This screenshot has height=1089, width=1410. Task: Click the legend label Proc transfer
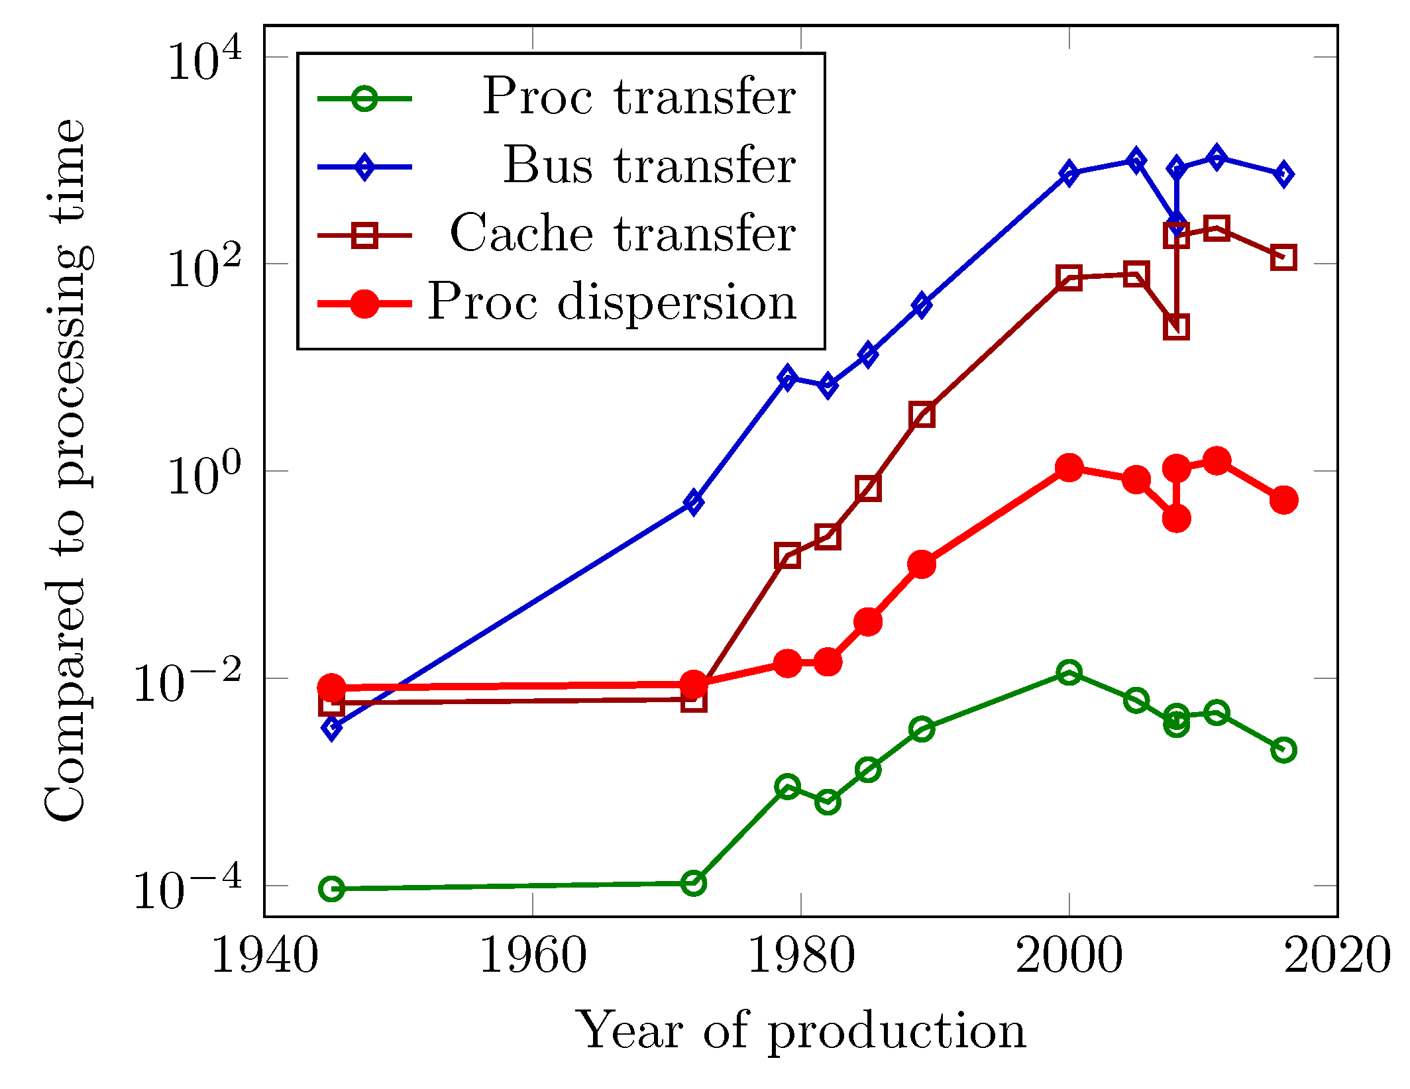tap(638, 97)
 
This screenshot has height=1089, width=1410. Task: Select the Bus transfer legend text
tap(649, 166)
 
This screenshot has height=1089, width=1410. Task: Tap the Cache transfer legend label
tap(622, 234)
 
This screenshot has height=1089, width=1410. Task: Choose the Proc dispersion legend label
tap(611, 302)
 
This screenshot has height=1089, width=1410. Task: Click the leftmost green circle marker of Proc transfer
tap(331, 888)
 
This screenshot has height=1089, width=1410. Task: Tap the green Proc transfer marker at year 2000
tap(1069, 673)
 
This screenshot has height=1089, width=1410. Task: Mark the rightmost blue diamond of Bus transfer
tap(1283, 174)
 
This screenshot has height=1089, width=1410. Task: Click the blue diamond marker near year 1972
tap(693, 503)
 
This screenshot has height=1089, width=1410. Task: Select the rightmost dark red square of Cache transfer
tap(1283, 258)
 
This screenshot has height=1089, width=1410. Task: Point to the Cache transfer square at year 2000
tap(1069, 278)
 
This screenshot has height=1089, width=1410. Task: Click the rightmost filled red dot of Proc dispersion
tap(1283, 500)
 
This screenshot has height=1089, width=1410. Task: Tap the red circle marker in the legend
tap(364, 304)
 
